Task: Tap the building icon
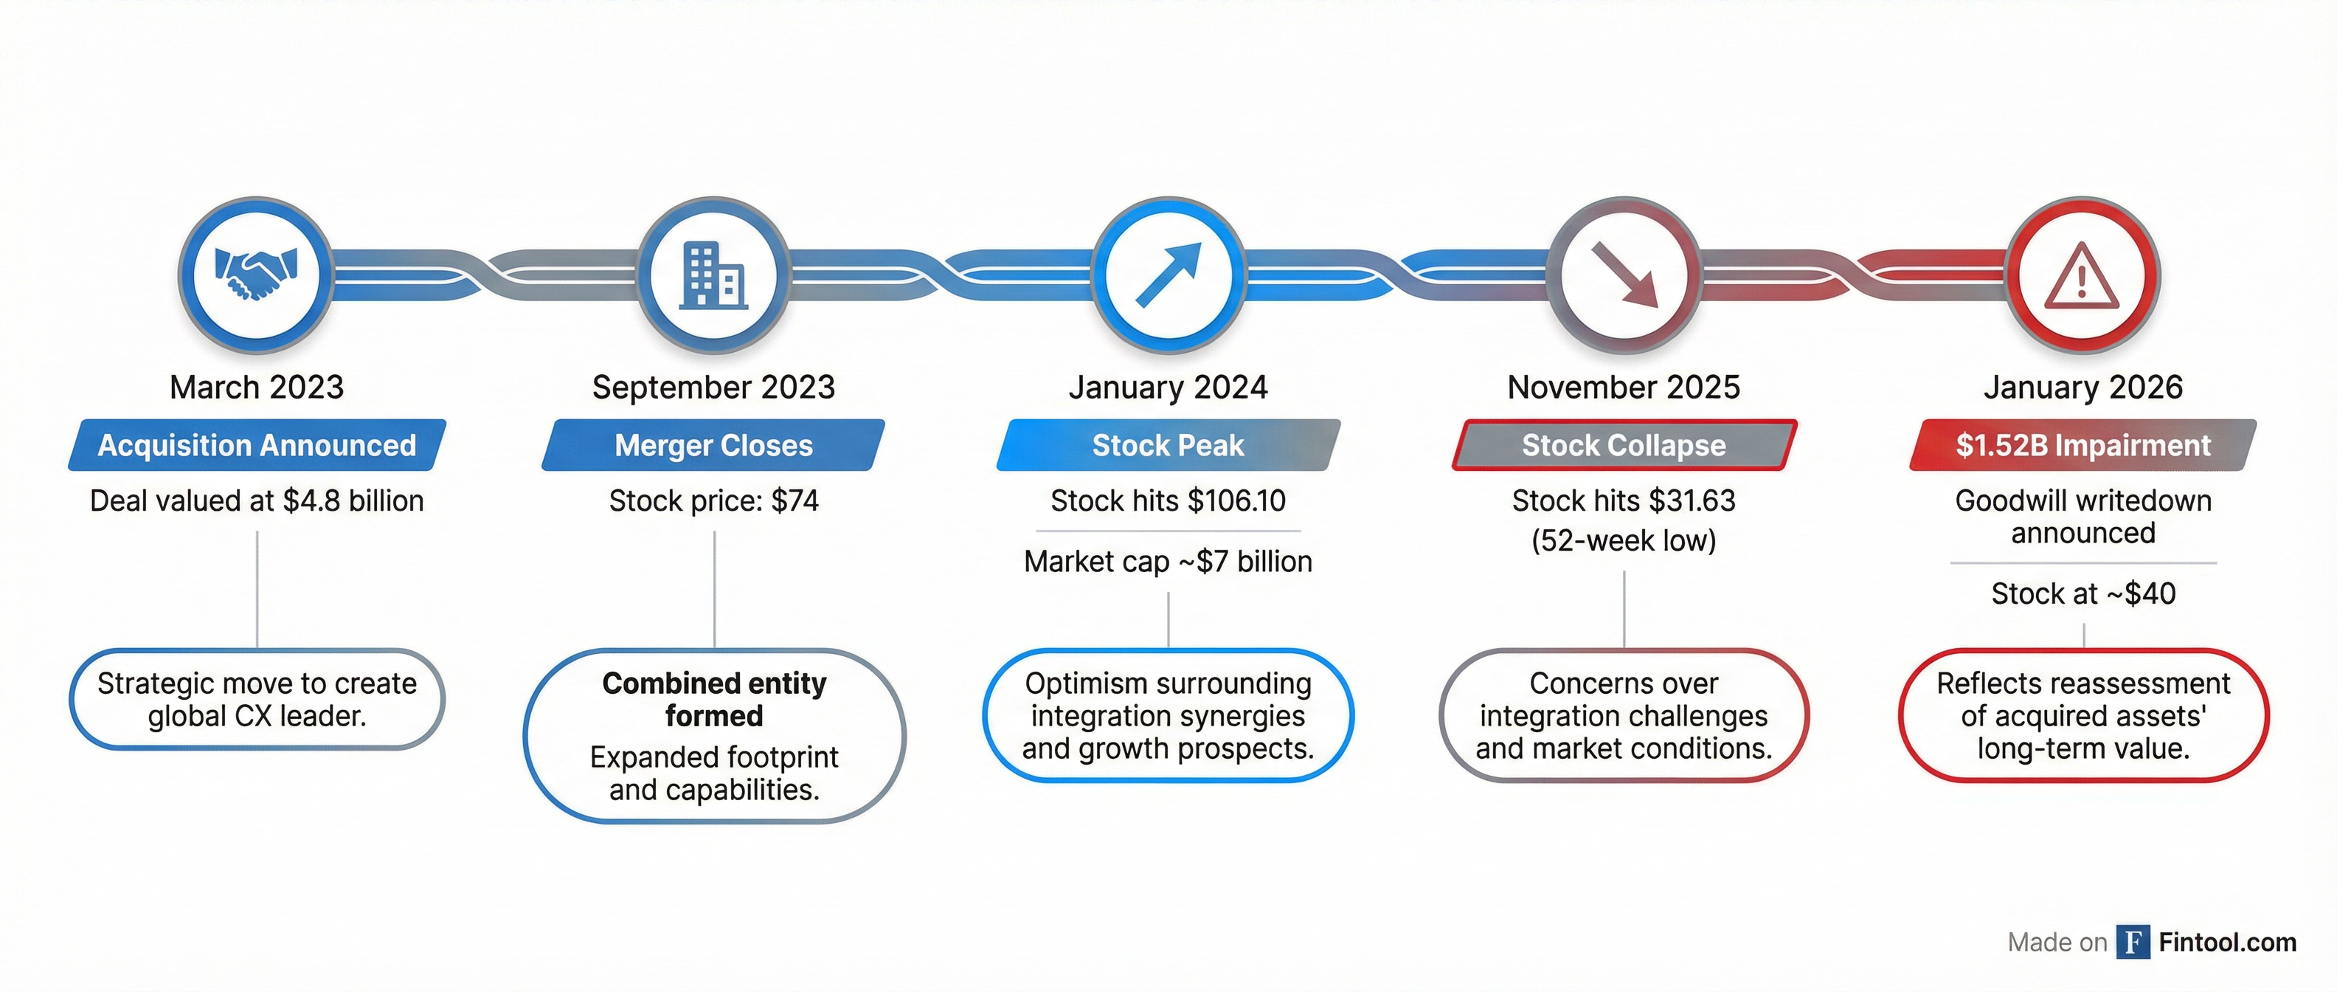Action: (714, 275)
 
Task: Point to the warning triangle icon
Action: (2082, 276)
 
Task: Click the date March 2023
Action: (257, 387)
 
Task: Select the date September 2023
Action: (714, 387)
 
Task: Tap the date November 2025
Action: (1624, 387)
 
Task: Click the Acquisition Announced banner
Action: (257, 445)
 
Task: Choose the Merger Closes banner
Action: (714, 445)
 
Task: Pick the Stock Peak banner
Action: (1168, 445)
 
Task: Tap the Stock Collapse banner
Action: (1624, 445)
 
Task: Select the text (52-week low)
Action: (1624, 541)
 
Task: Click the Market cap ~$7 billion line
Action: (1168, 562)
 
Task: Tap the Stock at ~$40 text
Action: (2084, 593)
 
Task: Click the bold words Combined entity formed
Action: (714, 700)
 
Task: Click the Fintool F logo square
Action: (2133, 942)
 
